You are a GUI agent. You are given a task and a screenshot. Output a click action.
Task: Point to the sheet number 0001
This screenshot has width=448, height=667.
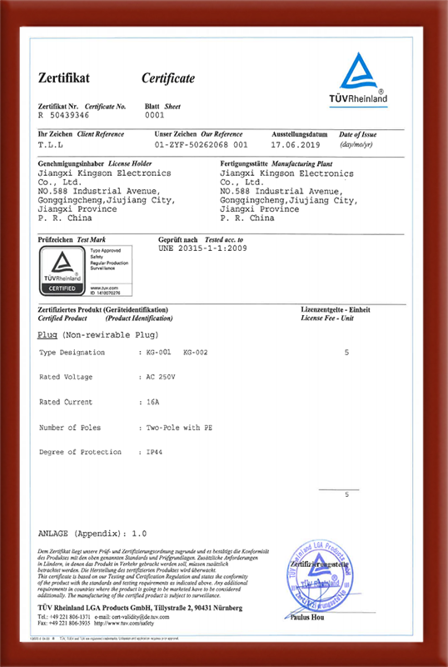pyautogui.click(x=155, y=116)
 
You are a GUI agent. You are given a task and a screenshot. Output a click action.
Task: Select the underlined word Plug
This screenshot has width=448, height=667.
pyautogui.click(x=47, y=333)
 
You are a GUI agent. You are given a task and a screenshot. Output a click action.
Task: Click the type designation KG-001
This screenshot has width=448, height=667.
pyautogui.click(x=158, y=353)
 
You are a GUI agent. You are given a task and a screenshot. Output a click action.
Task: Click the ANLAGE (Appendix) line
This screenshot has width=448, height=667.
pyautogui.click(x=92, y=531)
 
